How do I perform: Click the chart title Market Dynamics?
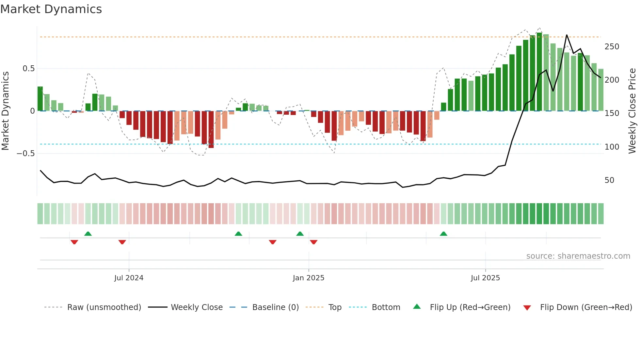point(51,9)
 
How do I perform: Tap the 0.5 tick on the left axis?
point(28,69)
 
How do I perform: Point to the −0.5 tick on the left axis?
point(25,154)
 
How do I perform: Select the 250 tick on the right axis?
point(612,47)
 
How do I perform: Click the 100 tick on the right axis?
point(612,147)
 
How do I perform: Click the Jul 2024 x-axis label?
point(129,278)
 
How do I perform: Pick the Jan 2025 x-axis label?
point(308,278)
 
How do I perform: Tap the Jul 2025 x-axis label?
point(485,278)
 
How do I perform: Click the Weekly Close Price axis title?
point(632,111)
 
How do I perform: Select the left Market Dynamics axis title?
point(5,111)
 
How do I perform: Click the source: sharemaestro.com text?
point(578,256)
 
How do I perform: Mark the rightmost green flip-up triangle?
point(443,234)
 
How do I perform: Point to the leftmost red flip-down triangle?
point(74,242)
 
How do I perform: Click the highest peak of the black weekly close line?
point(567,35)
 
